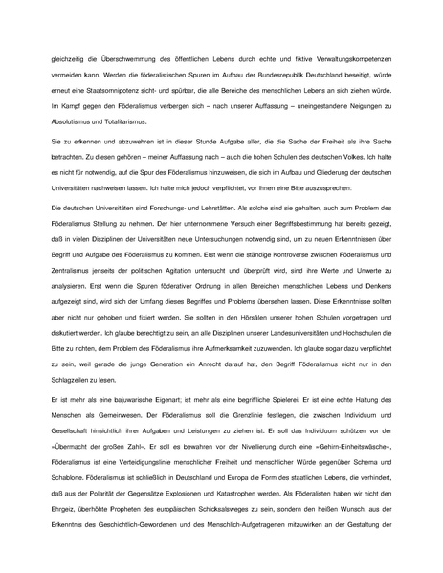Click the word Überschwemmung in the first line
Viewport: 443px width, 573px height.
131,59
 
